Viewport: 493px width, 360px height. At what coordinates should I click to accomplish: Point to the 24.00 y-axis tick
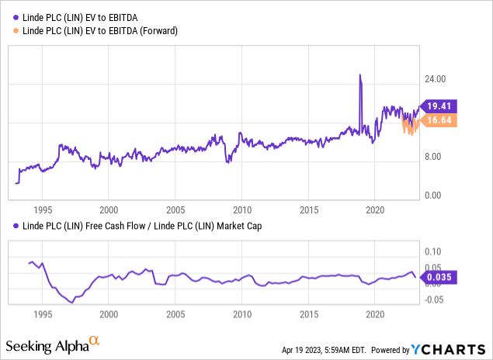tap(440, 79)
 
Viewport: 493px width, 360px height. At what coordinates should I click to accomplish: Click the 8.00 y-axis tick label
tap(438, 156)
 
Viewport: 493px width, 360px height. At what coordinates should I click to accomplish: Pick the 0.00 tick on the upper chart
tap(438, 195)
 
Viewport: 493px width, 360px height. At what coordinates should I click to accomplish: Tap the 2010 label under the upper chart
tap(241, 209)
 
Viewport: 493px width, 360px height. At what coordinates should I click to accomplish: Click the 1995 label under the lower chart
tap(43, 315)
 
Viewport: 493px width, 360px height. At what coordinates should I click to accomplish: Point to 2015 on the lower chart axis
tap(309, 315)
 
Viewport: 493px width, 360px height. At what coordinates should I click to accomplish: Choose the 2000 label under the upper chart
tap(109, 209)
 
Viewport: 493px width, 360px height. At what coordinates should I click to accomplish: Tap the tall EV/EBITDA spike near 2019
tap(360, 76)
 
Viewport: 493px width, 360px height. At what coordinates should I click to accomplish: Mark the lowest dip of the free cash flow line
tap(72, 302)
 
